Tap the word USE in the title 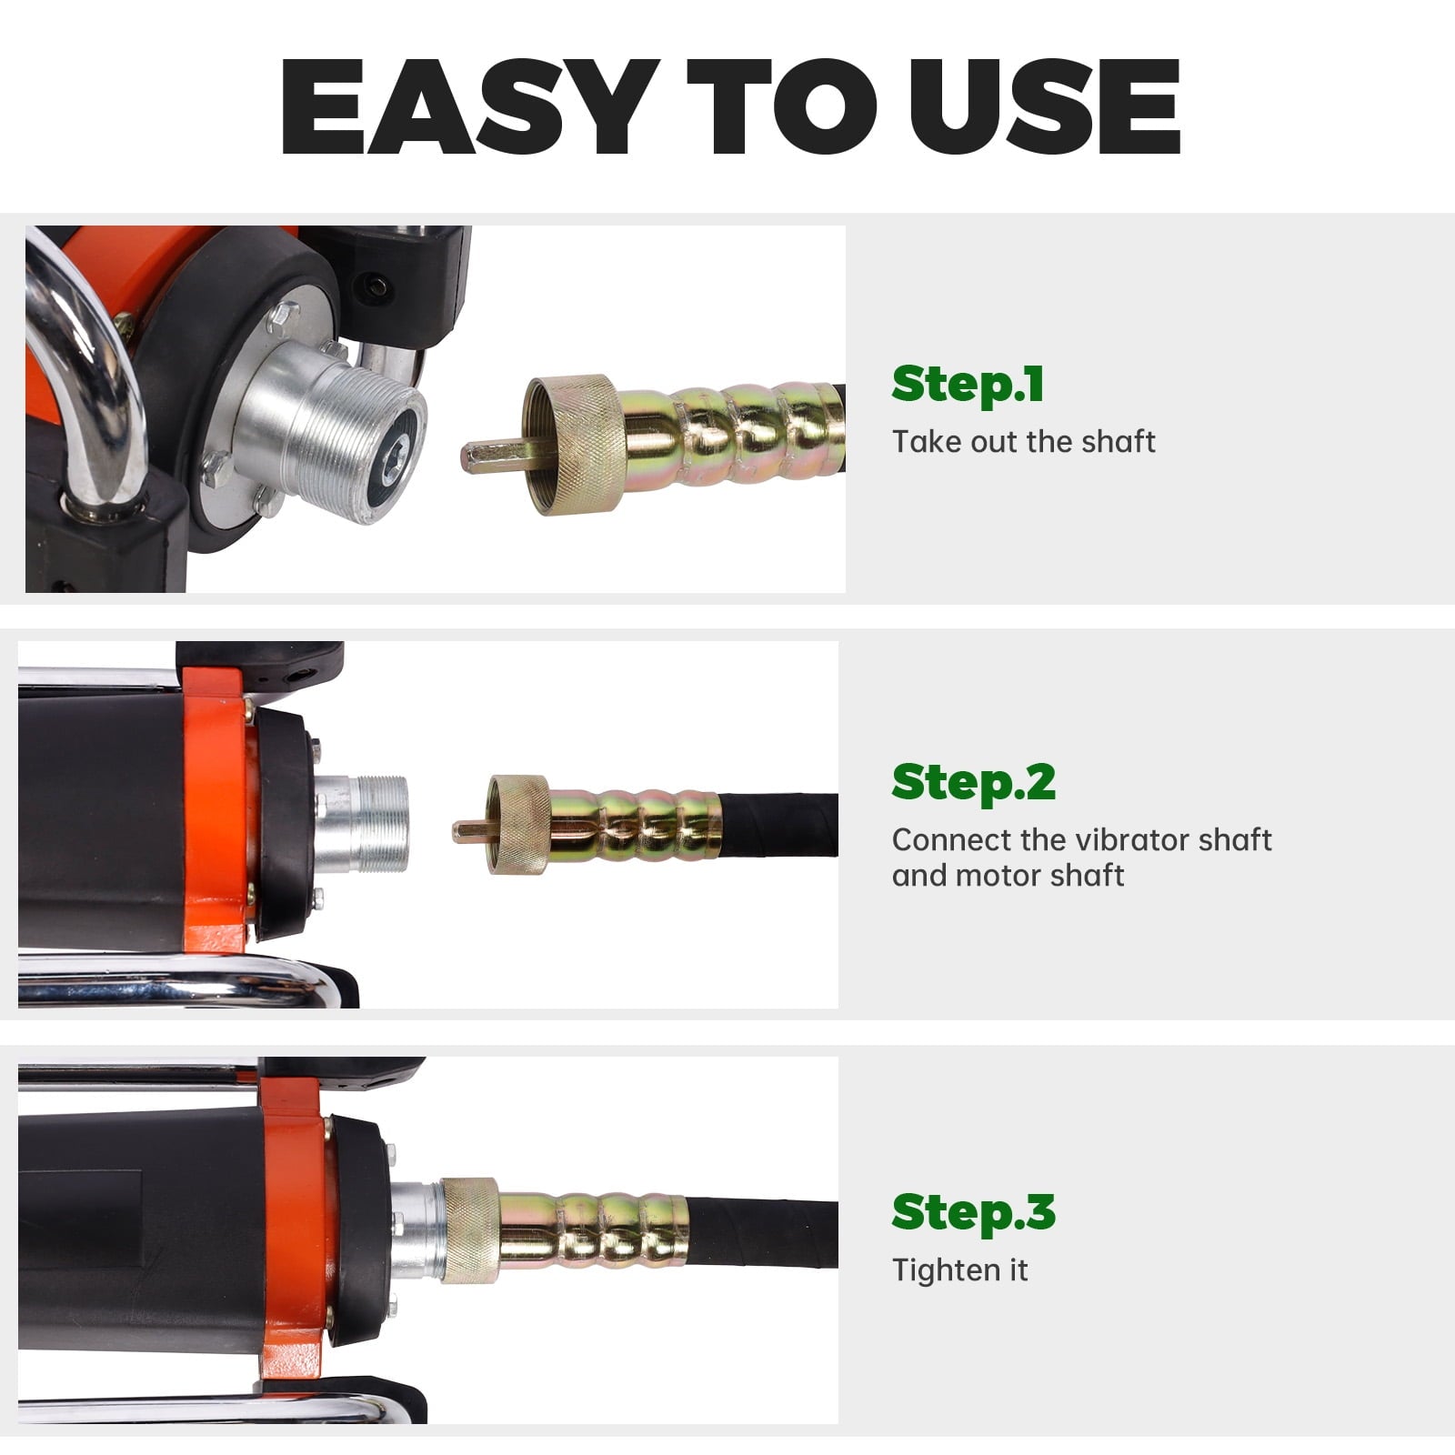[1044, 108]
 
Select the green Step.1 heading [968, 384]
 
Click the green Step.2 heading [973, 782]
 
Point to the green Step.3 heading [973, 1212]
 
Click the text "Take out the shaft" [1023, 442]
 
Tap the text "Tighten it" [959, 1269]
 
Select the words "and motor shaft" [1008, 876]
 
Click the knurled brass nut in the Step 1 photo [573, 445]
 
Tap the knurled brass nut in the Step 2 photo [518, 824]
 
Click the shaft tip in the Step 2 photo [470, 828]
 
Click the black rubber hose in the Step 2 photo [778, 824]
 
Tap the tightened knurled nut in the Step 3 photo [469, 1230]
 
